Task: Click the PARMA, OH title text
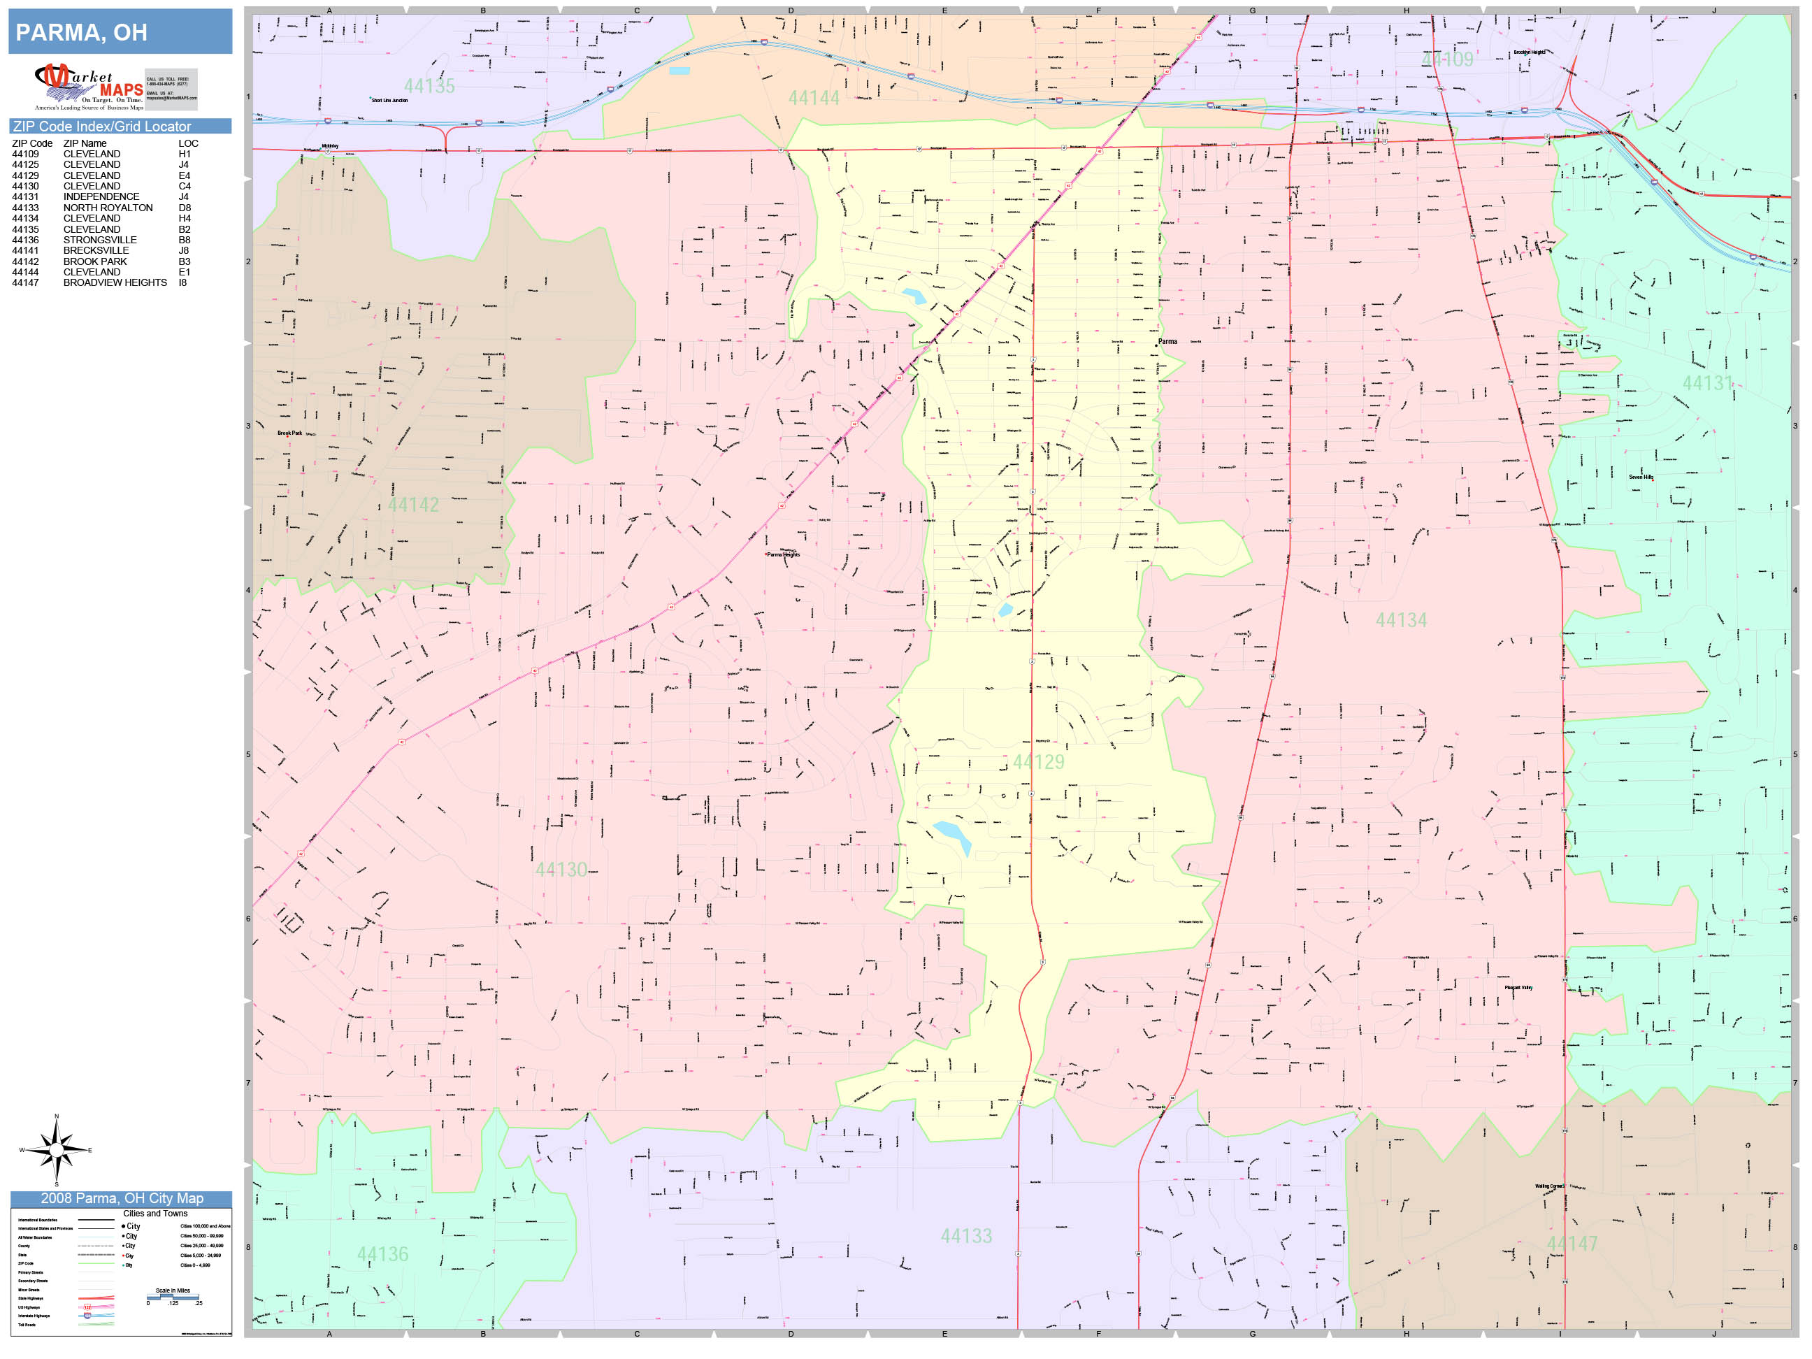(81, 33)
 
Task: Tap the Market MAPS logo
(89, 87)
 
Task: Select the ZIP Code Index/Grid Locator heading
(101, 126)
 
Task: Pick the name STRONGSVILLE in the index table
(100, 240)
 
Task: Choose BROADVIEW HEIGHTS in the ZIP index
(115, 282)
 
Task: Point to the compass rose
(56, 1150)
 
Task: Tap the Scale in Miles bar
(173, 1297)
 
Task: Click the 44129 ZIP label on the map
(1038, 763)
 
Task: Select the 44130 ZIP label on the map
(561, 870)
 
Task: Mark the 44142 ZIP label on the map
(413, 505)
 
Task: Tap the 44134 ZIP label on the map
(1401, 621)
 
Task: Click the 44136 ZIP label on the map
(382, 1254)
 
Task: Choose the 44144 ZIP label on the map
(814, 99)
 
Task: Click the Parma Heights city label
(783, 554)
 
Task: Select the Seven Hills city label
(1641, 477)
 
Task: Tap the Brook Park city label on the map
(289, 433)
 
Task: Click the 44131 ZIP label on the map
(1707, 383)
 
